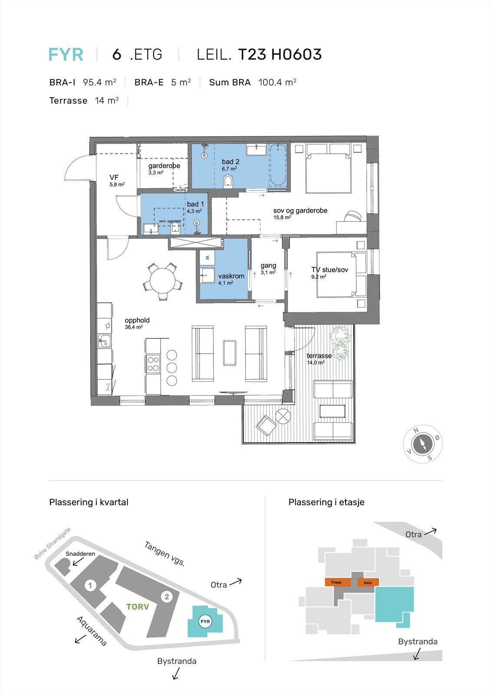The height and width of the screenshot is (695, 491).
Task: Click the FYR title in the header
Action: click(66, 55)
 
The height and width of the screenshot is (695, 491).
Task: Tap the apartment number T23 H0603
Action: click(280, 55)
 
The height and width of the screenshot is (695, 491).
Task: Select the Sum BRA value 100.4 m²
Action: click(277, 82)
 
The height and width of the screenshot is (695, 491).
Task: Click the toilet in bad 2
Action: click(228, 181)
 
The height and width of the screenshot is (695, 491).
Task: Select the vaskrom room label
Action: click(231, 276)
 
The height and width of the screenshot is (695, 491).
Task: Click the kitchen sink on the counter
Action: click(104, 341)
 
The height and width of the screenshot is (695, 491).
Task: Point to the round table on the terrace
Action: click(283, 416)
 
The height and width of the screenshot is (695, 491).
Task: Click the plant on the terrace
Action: click(339, 341)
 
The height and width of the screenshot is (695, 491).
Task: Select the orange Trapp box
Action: click(337, 582)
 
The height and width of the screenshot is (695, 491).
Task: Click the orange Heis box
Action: click(368, 582)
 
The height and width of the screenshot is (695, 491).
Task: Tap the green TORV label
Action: click(138, 607)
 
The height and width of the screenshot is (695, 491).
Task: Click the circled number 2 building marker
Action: click(167, 596)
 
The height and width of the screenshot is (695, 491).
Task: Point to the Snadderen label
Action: click(80, 554)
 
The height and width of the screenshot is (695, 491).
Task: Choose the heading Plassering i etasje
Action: click(326, 502)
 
